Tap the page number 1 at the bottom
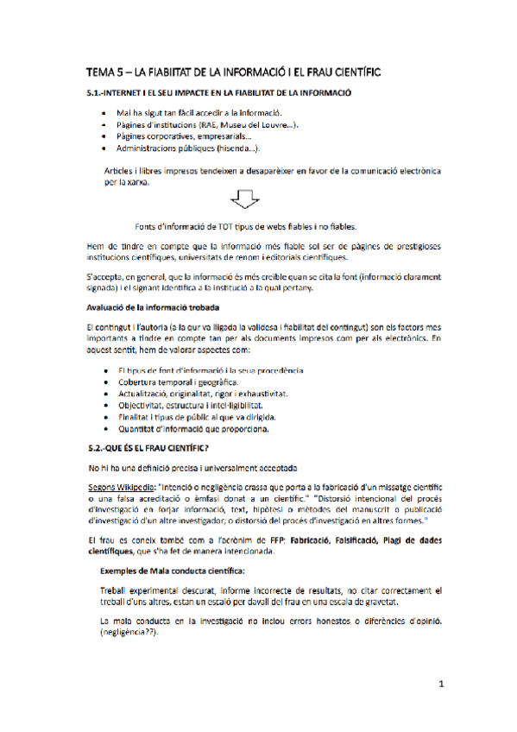440,684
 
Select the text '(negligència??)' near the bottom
131,632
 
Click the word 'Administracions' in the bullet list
154,148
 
